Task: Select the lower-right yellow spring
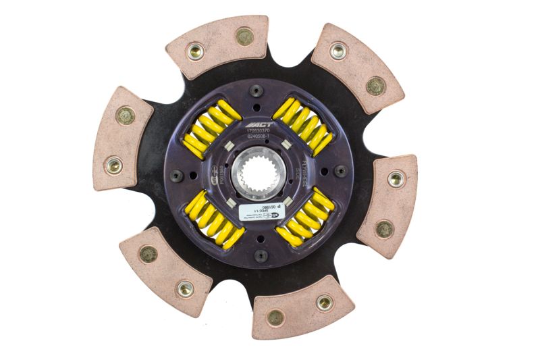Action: (305, 217)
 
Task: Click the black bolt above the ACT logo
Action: (257, 91)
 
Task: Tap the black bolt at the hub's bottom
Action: (261, 255)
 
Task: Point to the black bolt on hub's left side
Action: (178, 175)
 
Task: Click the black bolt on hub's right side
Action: (341, 172)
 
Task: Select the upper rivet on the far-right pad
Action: (396, 179)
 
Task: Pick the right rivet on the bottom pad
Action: (325, 302)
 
